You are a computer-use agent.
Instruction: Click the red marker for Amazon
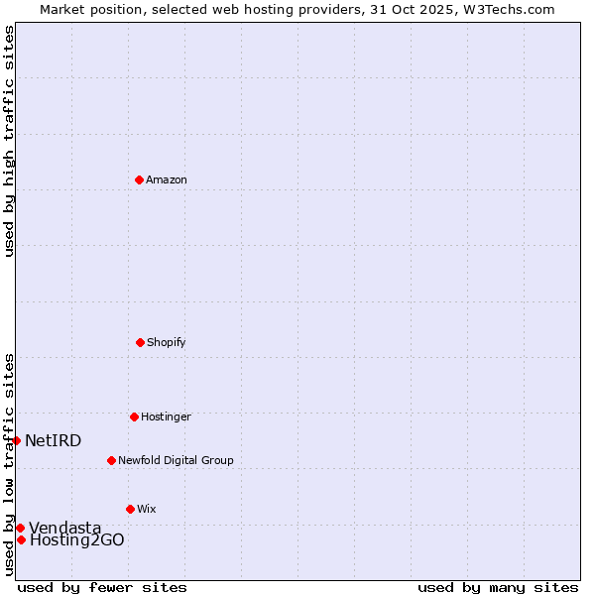tap(139, 179)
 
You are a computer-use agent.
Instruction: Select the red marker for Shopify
tap(140, 342)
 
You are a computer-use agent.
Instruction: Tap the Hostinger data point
tap(134, 416)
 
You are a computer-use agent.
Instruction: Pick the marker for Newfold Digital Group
tap(111, 460)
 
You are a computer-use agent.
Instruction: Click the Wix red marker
tap(130, 509)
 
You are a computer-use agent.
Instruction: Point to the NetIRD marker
tap(16, 440)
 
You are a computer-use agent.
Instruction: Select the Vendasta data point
tap(20, 528)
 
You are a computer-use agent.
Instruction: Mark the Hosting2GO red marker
tap(21, 539)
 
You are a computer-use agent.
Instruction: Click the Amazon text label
tap(167, 180)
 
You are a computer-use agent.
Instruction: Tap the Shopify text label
tap(167, 343)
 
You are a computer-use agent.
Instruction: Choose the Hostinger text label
tap(166, 417)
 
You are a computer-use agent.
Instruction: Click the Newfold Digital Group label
tap(176, 461)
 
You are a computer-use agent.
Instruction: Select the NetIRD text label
tap(53, 441)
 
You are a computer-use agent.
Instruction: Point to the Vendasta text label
tap(64, 529)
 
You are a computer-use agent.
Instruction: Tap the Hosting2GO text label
tap(76, 540)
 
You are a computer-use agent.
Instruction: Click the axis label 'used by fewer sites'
tap(102, 587)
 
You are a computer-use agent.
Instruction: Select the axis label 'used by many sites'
tap(498, 587)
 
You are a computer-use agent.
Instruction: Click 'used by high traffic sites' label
tap(9, 141)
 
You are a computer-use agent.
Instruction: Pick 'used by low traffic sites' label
tap(9, 464)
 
